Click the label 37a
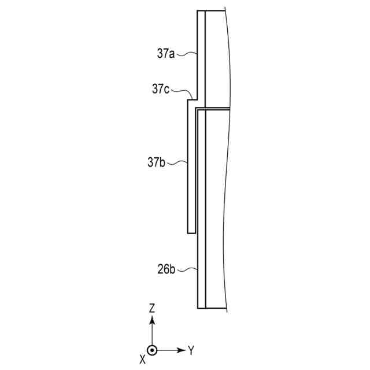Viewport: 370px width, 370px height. [x=166, y=54]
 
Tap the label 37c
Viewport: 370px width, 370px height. [x=161, y=89]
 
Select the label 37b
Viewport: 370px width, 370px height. [x=156, y=162]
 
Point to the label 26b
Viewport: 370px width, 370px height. [x=166, y=269]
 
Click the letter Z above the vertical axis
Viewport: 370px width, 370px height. [x=152, y=309]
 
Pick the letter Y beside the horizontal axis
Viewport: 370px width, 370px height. [x=191, y=350]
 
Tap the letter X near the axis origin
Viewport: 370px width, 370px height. [x=143, y=360]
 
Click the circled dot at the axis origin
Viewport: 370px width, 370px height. [x=152, y=350]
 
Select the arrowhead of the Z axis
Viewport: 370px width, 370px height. [x=152, y=320]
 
